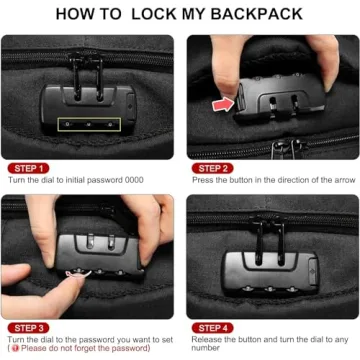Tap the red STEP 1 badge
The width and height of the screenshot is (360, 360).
tap(27, 168)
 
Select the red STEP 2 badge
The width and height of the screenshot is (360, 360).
tap(212, 168)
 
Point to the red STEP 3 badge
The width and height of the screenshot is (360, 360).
tap(27, 327)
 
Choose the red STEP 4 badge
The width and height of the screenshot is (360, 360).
tap(212, 327)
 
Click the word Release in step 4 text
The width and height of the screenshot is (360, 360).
tap(206, 339)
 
